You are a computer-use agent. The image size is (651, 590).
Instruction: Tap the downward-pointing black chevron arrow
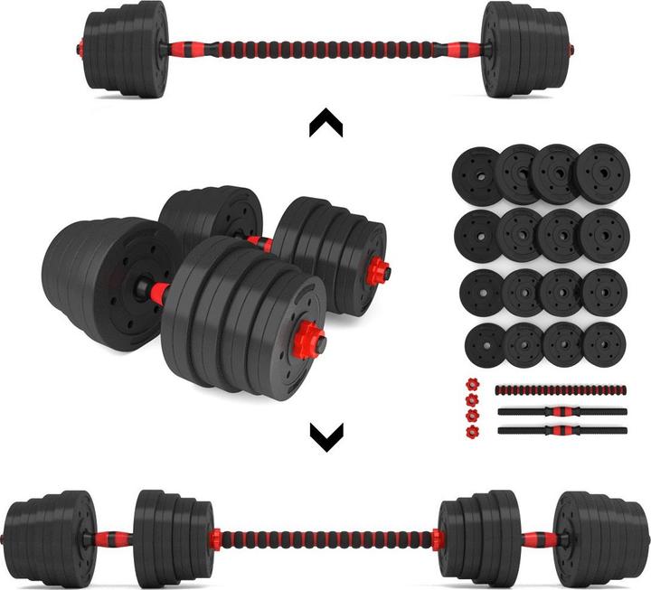pos(325,438)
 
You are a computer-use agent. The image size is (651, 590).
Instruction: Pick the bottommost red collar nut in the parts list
pos(470,431)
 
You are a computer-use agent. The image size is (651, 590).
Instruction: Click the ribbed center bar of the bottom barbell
pos(325,539)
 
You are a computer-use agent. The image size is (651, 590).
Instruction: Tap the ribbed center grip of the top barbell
pos(311,45)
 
